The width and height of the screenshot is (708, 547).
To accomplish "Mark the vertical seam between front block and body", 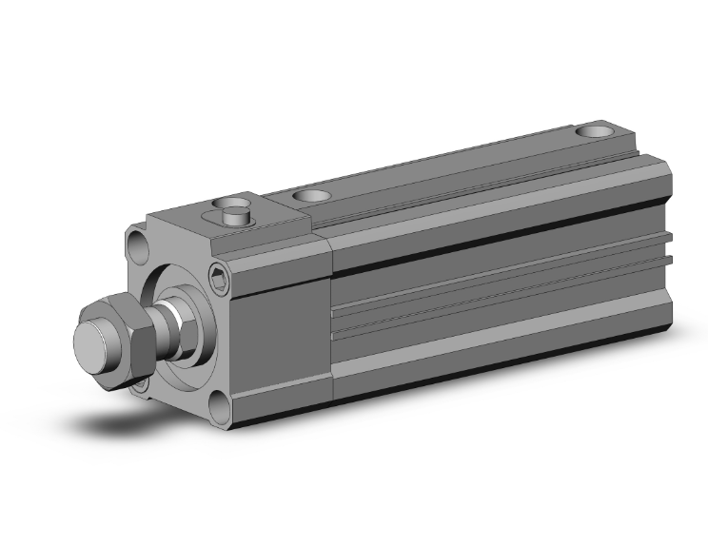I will click(x=329, y=314).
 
